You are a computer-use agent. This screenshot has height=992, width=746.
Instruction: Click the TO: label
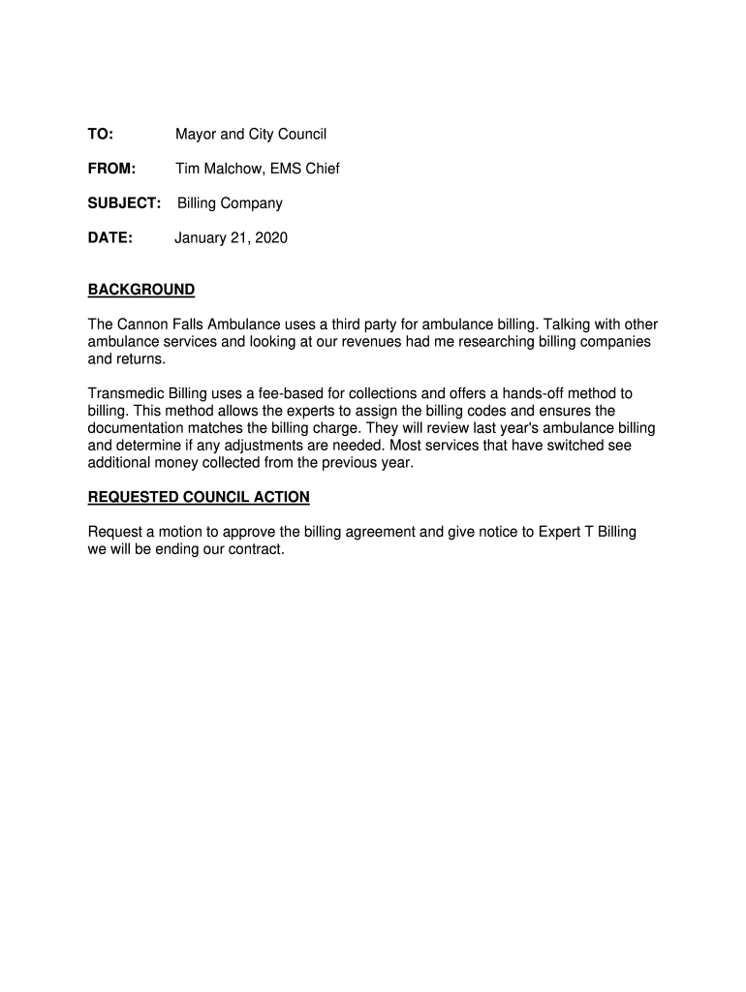click(x=101, y=134)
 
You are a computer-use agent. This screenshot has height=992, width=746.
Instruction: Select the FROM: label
click(x=111, y=169)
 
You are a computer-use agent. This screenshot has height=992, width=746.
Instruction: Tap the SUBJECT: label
click(x=124, y=203)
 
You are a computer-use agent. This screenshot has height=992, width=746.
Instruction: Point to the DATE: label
click(x=109, y=237)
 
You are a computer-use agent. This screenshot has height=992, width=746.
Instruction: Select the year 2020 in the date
click(x=270, y=237)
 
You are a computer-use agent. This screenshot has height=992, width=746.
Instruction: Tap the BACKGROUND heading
click(x=141, y=290)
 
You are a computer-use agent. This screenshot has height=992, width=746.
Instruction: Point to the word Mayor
click(x=196, y=134)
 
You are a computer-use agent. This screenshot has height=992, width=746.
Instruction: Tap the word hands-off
click(x=523, y=393)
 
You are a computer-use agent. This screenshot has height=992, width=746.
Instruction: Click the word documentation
click(x=139, y=428)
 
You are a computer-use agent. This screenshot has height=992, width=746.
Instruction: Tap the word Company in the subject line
click(x=252, y=203)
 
